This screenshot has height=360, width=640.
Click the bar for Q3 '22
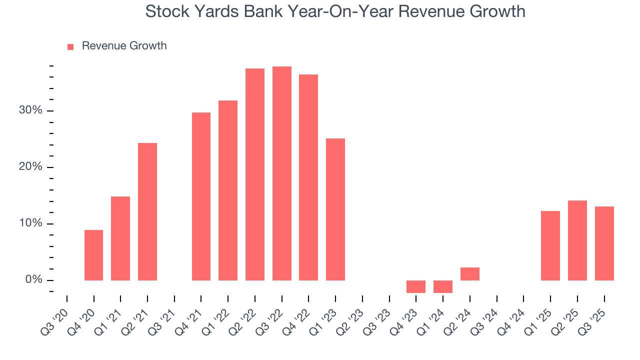click(x=281, y=173)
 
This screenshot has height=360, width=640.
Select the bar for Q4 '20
click(x=93, y=255)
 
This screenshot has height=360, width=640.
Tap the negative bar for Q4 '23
click(x=416, y=286)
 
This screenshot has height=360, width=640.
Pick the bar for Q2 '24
click(x=470, y=274)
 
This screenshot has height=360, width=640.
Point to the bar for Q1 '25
click(x=550, y=245)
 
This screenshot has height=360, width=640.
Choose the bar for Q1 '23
click(x=335, y=209)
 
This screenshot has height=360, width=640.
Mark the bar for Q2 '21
click(x=147, y=211)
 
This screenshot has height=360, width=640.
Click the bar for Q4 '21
click(x=201, y=196)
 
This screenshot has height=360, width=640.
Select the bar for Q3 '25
click(x=604, y=243)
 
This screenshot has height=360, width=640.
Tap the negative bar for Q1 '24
click(x=443, y=286)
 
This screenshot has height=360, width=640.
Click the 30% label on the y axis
click(x=30, y=110)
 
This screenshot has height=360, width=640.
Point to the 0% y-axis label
click(x=33, y=280)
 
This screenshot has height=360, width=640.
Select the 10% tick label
click(x=30, y=223)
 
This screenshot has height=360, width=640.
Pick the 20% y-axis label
click(x=30, y=167)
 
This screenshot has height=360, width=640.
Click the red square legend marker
click(x=70, y=46)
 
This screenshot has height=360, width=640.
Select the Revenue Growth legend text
click(x=124, y=46)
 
